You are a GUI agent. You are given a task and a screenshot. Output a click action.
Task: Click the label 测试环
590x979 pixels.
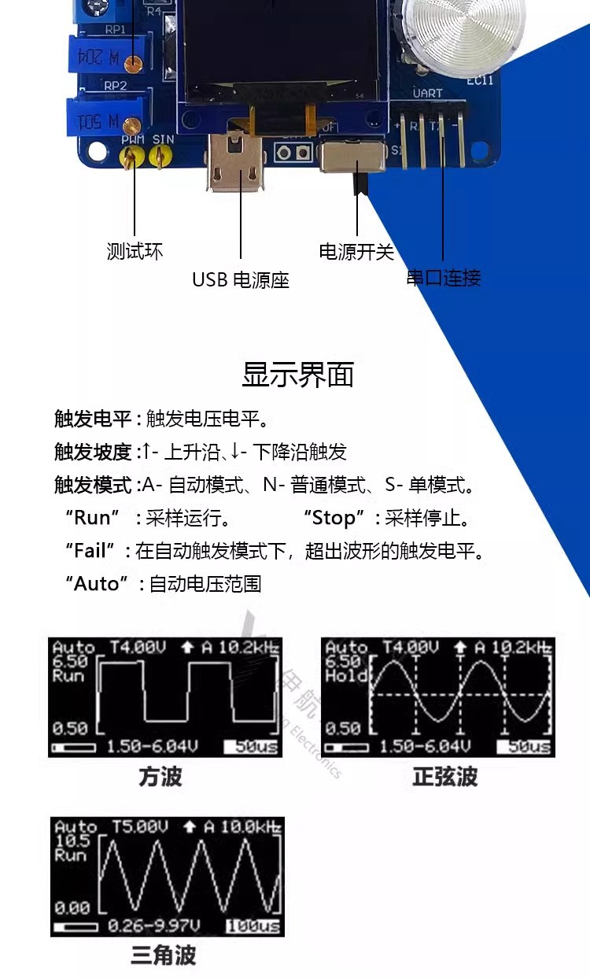135,252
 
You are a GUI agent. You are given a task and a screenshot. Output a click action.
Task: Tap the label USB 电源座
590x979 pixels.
241,280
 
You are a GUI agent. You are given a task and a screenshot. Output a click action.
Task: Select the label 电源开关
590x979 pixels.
356,252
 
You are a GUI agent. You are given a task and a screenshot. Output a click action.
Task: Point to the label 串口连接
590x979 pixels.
443,278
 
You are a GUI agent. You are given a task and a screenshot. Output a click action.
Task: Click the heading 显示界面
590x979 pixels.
297,375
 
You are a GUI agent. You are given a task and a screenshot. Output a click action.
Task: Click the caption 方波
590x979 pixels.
160,778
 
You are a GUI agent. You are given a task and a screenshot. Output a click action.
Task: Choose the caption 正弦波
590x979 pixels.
445,778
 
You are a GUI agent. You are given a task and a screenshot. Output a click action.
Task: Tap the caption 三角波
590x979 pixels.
163,956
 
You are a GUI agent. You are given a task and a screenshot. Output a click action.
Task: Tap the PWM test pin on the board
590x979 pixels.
131,157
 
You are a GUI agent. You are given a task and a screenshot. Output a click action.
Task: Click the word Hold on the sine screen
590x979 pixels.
346,676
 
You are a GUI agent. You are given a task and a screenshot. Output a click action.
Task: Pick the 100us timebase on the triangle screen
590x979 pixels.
253,926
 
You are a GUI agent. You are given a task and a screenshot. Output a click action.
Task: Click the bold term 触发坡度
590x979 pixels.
93,452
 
